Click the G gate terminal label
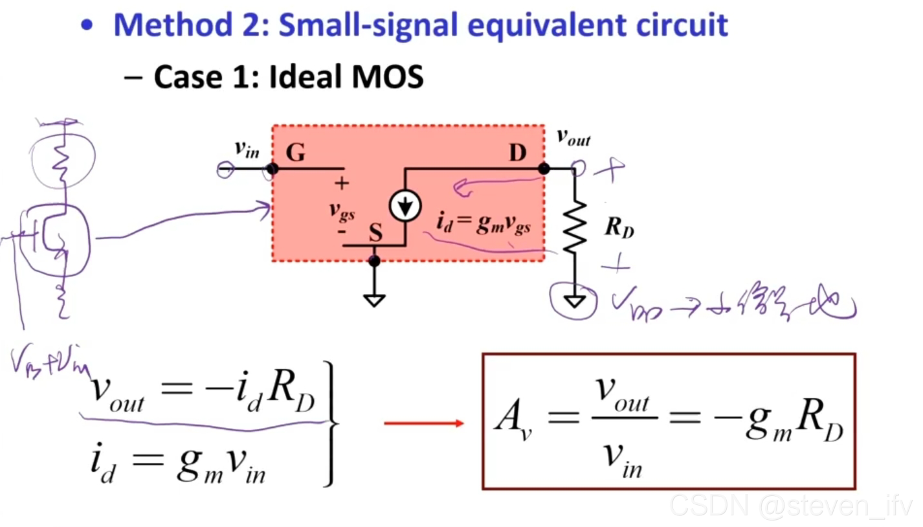point(296,153)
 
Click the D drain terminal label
point(517,153)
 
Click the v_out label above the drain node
point(573,138)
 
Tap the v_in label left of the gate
point(247,150)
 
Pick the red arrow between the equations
point(424,423)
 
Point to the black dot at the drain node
point(544,169)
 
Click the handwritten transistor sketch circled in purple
point(56,240)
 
